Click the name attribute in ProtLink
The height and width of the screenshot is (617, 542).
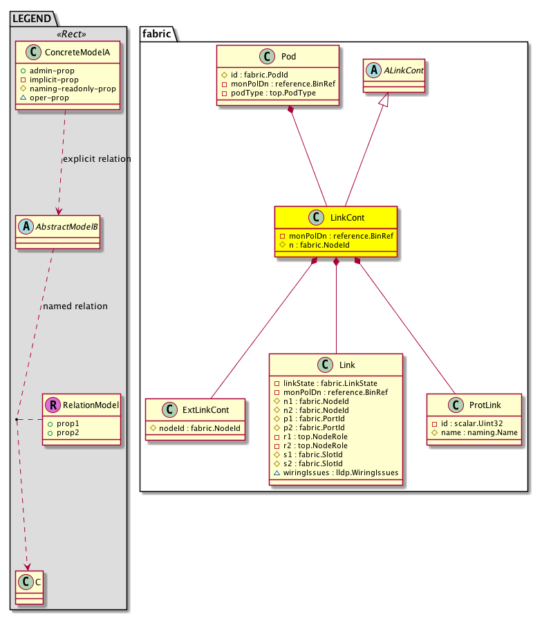point(474,432)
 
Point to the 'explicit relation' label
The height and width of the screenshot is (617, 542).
point(96,159)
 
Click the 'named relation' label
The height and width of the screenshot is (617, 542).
point(75,306)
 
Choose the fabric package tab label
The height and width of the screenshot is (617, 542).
point(158,33)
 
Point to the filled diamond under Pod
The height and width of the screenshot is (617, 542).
point(293,111)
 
